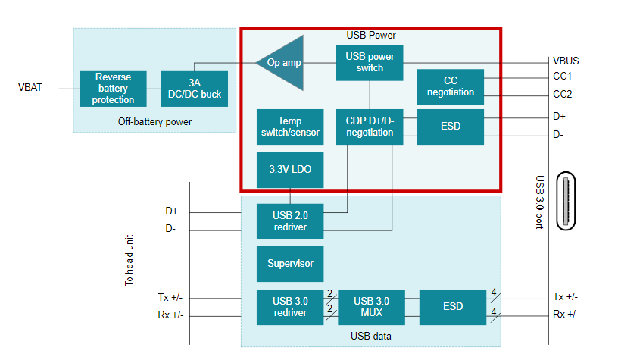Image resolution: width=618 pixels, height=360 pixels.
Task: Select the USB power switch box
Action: [x=370, y=62]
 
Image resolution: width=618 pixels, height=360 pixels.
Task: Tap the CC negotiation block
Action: [x=450, y=86]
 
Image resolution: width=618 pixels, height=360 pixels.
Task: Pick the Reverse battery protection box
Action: [x=114, y=89]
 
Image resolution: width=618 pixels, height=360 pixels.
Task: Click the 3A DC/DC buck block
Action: [x=195, y=89]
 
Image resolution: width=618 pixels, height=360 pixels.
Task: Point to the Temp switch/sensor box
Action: [x=290, y=127]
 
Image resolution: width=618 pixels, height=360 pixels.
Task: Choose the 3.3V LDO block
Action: [x=290, y=169]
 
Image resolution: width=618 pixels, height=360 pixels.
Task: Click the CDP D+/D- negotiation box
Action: [x=370, y=127]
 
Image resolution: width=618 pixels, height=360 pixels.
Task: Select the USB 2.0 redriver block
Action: [x=290, y=221]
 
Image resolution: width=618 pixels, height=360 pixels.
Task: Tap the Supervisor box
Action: [x=290, y=264]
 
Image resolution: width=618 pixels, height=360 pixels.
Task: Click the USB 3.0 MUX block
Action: [x=371, y=307]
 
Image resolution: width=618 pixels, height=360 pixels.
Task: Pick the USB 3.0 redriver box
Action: [x=290, y=307]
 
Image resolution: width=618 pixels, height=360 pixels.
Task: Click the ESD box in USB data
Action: [x=452, y=307]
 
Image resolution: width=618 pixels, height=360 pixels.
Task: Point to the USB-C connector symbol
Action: [x=566, y=200]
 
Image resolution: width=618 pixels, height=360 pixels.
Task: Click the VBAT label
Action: [x=30, y=88]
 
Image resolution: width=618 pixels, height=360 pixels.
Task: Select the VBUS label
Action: [x=566, y=61]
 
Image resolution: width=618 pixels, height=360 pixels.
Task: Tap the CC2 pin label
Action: [x=563, y=95]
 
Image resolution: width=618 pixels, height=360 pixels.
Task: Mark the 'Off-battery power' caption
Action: [x=155, y=121]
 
